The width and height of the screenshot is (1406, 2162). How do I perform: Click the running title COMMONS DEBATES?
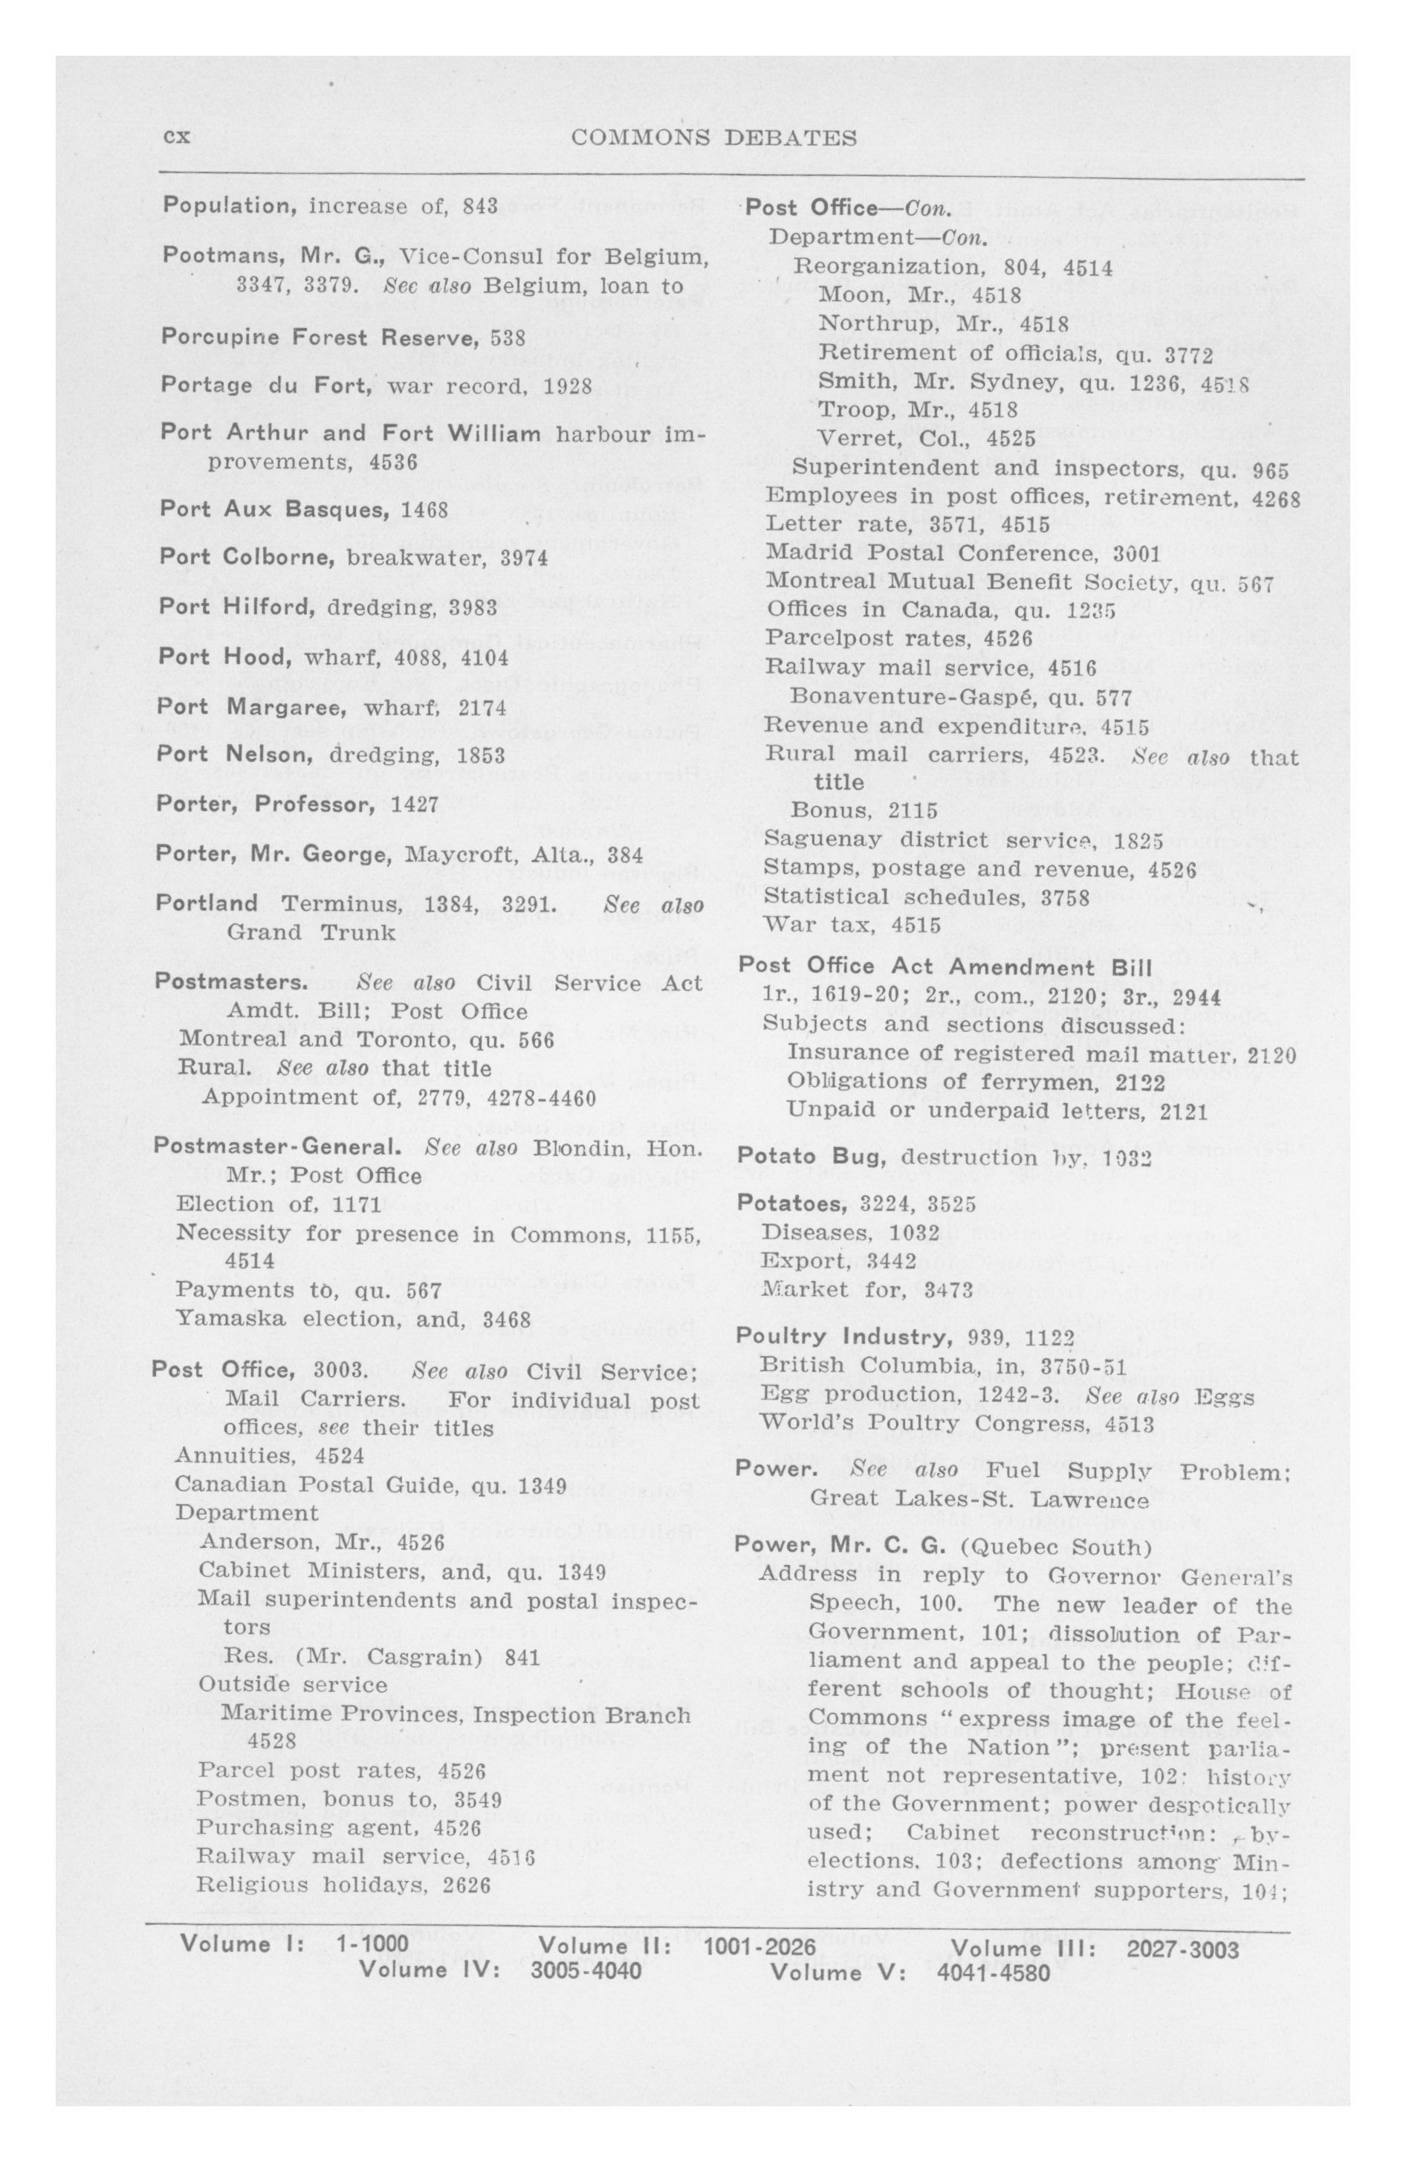[714, 138]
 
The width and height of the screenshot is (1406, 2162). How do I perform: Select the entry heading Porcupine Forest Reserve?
[318, 338]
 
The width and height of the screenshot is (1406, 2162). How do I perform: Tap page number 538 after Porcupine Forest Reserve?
[508, 338]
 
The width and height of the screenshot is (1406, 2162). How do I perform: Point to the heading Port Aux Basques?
[275, 509]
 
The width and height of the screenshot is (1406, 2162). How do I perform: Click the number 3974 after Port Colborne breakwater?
[524, 558]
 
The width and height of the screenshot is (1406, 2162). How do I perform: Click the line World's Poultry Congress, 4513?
[956, 1422]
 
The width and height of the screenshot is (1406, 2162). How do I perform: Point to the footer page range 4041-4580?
[993, 1972]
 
